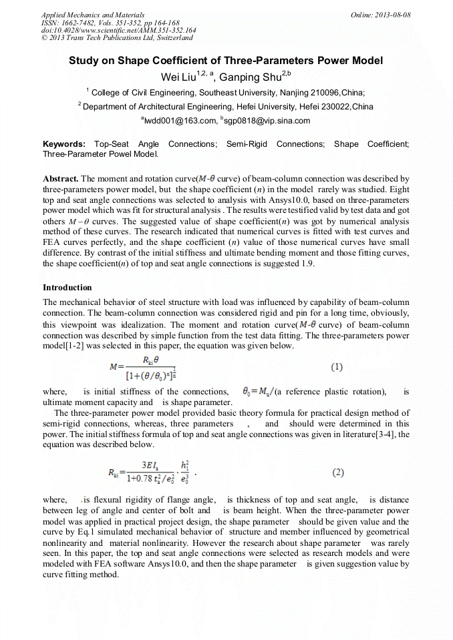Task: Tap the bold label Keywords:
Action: click(64, 144)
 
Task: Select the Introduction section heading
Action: click(67, 288)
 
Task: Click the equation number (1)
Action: click(337, 367)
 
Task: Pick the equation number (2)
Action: click(337, 472)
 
